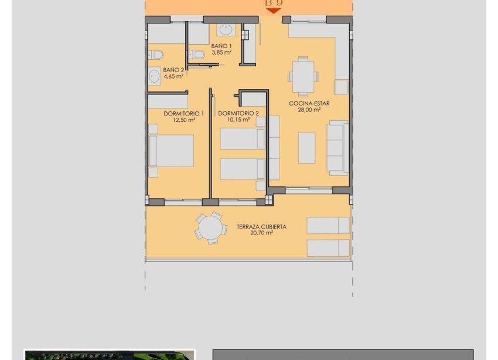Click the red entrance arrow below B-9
[273, 11]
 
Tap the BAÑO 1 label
[221, 46]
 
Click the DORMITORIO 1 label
[184, 113]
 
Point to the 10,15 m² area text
[238, 120]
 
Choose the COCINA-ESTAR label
[309, 103]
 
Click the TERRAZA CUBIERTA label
[261, 226]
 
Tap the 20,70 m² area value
[261, 233]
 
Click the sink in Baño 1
[225, 30]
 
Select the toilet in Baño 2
[156, 55]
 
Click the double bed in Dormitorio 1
[172, 151]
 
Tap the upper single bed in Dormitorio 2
[243, 140]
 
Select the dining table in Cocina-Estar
[303, 76]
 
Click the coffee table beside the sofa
[306, 148]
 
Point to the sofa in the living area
[337, 148]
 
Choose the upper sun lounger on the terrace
[328, 225]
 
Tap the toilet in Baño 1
[197, 55]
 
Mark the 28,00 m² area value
[309, 110]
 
